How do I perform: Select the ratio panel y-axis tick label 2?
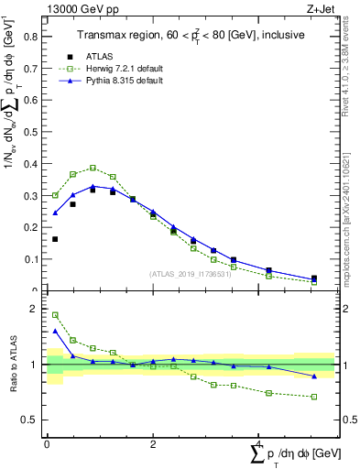pos(34,309)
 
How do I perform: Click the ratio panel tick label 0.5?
pos(30,420)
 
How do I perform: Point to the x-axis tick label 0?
pos(47,444)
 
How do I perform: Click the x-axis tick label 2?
pos(153,444)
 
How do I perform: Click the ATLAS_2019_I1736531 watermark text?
pos(191,274)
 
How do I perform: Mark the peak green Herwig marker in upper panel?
pos(93,168)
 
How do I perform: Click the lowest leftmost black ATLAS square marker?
pos(55,239)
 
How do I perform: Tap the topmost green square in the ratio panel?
pos(55,315)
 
